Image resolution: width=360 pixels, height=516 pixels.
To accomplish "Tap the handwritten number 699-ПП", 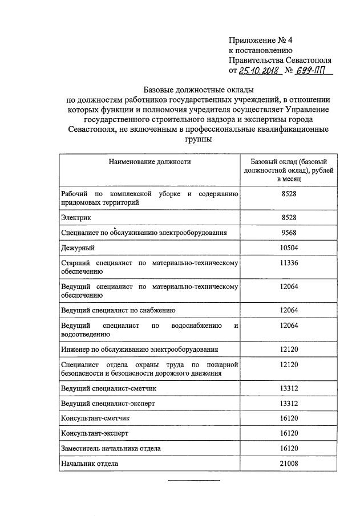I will point(313,71).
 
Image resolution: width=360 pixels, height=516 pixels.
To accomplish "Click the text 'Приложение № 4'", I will point(260,40).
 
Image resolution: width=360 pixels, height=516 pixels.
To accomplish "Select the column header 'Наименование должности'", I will point(149,161).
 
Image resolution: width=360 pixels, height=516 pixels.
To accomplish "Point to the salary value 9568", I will point(289,233).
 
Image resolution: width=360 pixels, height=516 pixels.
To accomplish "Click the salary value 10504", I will point(289,247).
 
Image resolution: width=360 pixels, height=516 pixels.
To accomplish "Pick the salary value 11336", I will point(289,263).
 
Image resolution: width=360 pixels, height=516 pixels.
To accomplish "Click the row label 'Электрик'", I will point(76,218).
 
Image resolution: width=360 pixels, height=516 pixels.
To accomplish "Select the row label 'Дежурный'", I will point(78,248).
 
